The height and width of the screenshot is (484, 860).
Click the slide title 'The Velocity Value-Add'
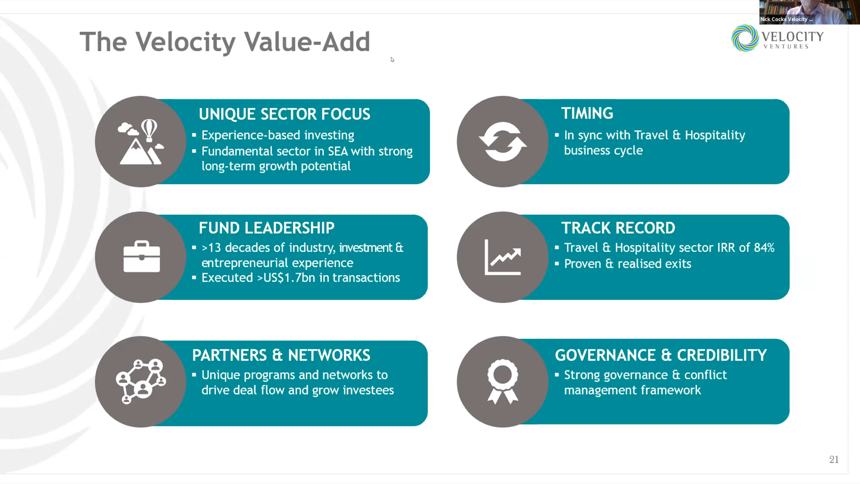point(225,42)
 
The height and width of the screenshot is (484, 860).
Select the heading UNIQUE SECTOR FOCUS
point(285,114)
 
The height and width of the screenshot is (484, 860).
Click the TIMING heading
point(587,114)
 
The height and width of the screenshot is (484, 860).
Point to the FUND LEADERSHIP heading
point(266,228)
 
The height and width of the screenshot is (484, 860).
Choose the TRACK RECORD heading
point(618,228)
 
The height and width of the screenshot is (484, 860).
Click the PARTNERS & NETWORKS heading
point(281,355)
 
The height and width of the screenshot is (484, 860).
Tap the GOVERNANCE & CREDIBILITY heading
point(661,355)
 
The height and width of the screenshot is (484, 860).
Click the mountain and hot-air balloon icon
point(141,142)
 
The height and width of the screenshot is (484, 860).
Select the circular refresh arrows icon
point(503,142)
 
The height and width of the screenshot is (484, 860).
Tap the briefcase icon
point(142,256)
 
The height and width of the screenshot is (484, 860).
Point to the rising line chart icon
point(503,257)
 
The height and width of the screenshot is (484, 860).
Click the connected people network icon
point(141,381)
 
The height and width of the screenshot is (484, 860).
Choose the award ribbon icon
point(503,381)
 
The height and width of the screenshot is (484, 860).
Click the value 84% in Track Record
point(764,248)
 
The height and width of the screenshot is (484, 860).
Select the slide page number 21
point(834,460)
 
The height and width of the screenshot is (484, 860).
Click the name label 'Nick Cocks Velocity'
point(784,19)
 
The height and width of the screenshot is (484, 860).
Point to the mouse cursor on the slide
point(392,60)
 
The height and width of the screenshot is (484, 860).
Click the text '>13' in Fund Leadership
point(211,248)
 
